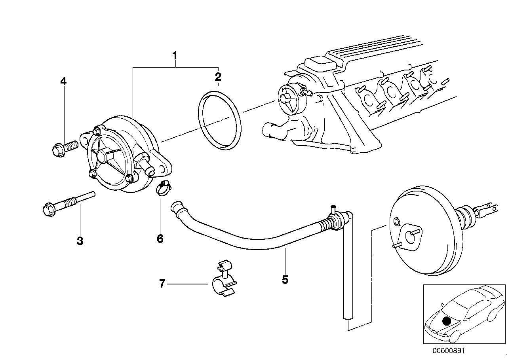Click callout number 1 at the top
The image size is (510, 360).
click(x=175, y=56)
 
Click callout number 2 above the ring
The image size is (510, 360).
click(x=218, y=77)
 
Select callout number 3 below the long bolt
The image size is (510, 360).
click(x=80, y=241)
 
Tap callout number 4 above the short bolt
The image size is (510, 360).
click(x=63, y=81)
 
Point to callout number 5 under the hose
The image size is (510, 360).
click(x=285, y=280)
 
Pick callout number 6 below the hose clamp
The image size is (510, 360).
click(x=160, y=239)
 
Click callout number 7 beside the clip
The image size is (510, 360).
click(x=162, y=284)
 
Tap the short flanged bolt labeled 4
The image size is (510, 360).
click(x=63, y=149)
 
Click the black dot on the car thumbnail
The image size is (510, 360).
click(x=446, y=321)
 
